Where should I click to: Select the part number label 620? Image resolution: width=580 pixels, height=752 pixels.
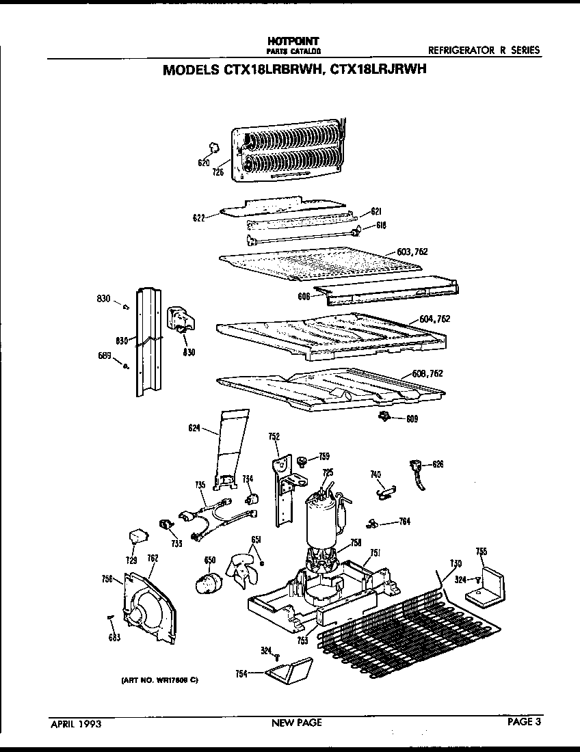203,163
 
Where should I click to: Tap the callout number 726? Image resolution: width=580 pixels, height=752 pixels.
217,172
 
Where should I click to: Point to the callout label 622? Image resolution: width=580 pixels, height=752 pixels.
199,218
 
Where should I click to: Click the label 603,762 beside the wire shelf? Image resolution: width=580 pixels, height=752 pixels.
412,252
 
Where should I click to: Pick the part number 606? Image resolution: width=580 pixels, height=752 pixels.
304,297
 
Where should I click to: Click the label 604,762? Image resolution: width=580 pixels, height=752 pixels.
435,319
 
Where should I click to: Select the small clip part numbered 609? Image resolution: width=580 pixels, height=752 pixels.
384,416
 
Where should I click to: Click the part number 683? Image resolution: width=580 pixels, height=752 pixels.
114,638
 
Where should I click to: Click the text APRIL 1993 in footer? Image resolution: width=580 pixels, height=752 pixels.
75,723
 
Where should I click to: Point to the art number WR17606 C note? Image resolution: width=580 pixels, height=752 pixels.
159,681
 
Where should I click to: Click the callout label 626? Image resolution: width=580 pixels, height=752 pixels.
438,465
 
